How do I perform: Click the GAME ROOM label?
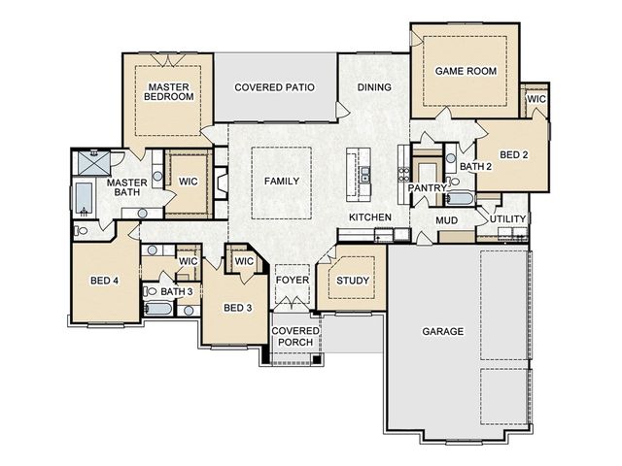[466, 71]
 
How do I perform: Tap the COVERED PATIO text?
[274, 87]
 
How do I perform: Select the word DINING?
[374, 87]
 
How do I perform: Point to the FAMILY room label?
[282, 182]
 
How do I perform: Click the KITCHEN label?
[370, 217]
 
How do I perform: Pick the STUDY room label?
[353, 281]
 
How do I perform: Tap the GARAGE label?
[443, 331]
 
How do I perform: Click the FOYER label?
[293, 281]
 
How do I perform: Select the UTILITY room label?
[507, 219]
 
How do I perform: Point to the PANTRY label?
[428, 187]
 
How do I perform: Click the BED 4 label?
[104, 281]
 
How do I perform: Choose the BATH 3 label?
[177, 291]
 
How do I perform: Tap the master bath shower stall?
[93, 162]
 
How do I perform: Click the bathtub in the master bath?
[84, 198]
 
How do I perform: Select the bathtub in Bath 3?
[157, 309]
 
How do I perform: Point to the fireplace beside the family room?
[222, 183]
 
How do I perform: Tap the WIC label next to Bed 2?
[536, 99]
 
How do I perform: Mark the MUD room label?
[447, 220]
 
